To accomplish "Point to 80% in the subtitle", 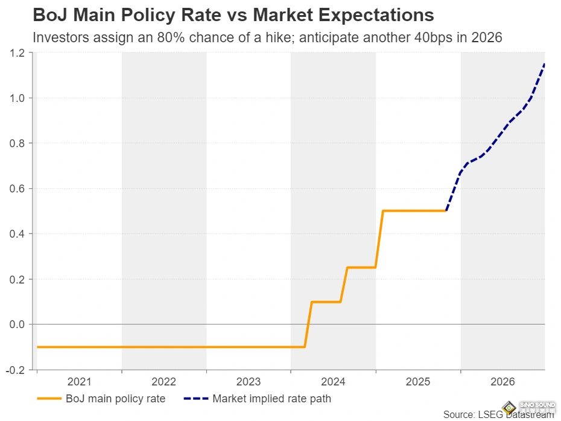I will pos(165,37).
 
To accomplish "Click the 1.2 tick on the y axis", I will pos(17,53).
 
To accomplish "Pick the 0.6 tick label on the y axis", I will pos(17,189).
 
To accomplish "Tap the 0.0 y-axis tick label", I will pos(17,324).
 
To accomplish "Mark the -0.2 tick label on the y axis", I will pos(16,370).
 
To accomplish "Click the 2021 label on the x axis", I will pos(79,382).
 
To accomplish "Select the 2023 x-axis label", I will pos(249,382).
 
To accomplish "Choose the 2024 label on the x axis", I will pos(333,382).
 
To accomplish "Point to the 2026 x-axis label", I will pos(502,382).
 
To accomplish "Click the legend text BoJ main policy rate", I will pos(115,399).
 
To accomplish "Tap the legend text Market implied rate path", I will pos(271,399).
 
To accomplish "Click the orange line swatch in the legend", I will pos(49,399).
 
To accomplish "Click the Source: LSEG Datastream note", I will pos(498,415).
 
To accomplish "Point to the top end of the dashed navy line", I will pos(544,64).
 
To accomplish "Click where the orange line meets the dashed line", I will pos(446,211).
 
